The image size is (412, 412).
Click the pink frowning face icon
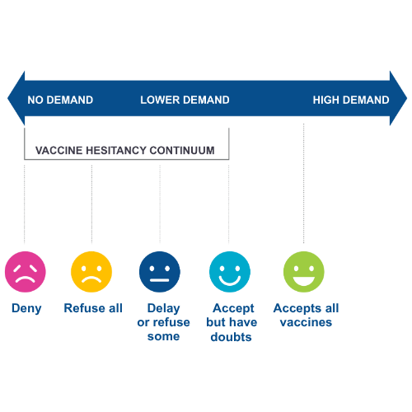click(x=26, y=272)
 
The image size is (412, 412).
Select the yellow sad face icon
click(x=91, y=272)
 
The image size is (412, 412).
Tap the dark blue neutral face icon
click(x=159, y=272)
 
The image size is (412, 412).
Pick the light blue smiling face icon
click(x=230, y=272)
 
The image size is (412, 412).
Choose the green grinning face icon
click(x=304, y=272)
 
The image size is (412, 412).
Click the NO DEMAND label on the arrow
click(x=60, y=101)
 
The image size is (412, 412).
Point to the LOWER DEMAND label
click(x=185, y=101)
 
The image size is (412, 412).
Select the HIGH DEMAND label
click(x=350, y=101)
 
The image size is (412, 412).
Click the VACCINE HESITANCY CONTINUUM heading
click(x=124, y=151)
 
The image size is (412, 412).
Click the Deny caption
click(x=26, y=309)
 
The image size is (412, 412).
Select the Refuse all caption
click(x=92, y=309)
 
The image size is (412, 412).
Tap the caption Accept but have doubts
click(x=231, y=322)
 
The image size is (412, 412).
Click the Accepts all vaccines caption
click(x=306, y=316)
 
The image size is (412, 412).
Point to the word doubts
click(x=231, y=336)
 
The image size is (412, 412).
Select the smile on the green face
click(x=304, y=280)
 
